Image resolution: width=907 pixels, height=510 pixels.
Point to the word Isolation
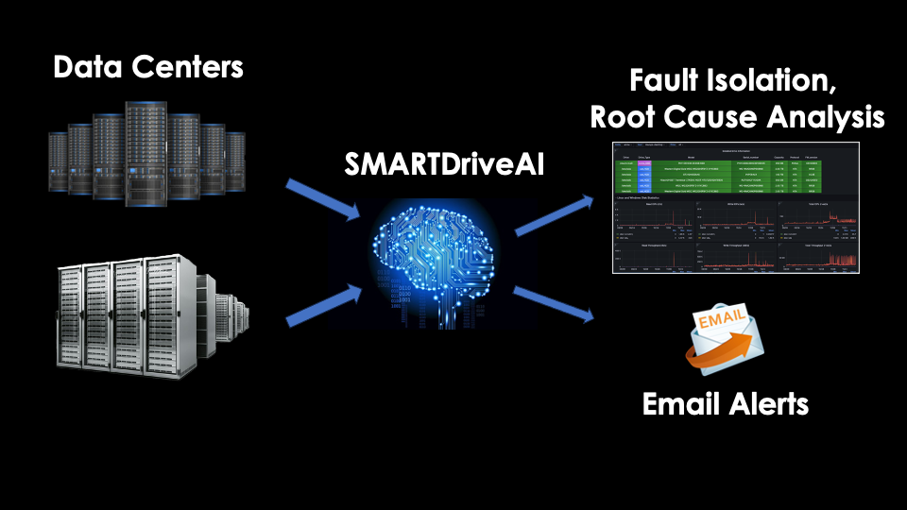pos(780,80)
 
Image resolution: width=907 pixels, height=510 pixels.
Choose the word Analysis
pos(832,117)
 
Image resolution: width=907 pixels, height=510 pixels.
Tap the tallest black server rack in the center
pos(147,151)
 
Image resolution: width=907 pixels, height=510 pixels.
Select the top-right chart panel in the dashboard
pos(819,219)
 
